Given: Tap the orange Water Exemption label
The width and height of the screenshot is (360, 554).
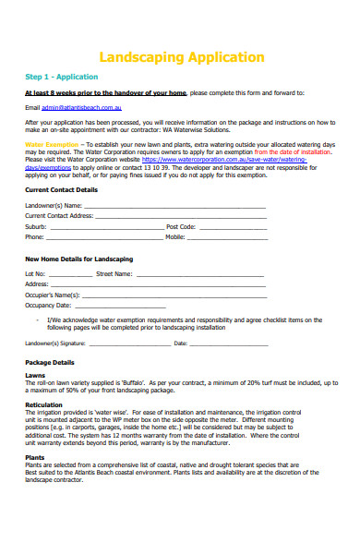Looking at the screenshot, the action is tap(52, 145).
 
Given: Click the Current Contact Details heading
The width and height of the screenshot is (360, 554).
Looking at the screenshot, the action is tap(61, 189).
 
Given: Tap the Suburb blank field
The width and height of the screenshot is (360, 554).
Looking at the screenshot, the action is tap(105, 226).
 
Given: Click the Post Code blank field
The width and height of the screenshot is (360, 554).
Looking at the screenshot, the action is tap(231, 226).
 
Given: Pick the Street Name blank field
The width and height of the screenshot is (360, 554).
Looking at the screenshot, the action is tap(199, 274).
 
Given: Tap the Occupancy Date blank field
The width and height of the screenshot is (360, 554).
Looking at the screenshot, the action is tap(120, 305).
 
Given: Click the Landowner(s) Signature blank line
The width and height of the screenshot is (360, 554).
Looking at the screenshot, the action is tap(130, 343).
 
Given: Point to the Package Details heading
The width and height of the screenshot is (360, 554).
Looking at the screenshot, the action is tap(49, 363).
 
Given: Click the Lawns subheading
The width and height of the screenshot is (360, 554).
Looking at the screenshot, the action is tap(35, 375).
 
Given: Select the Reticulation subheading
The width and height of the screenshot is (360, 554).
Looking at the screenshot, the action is tap(43, 404).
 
